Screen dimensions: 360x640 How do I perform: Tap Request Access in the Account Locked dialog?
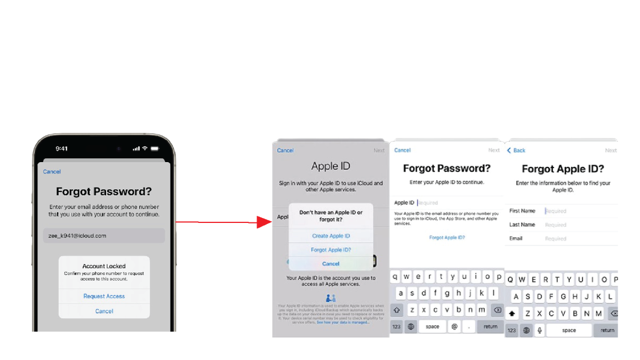104,297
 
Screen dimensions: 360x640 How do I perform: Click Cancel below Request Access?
104,311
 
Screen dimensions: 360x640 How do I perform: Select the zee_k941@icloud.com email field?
104,236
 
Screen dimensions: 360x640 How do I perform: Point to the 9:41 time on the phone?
62,148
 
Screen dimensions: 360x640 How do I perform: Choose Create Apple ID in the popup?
331,236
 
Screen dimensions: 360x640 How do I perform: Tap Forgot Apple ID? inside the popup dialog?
331,250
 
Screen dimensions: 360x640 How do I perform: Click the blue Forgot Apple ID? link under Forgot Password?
447,238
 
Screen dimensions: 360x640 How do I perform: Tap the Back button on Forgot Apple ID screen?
516,151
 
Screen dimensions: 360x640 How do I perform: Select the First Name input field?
576,211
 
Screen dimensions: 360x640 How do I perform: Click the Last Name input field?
576,225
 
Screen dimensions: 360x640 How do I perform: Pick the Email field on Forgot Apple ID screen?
576,239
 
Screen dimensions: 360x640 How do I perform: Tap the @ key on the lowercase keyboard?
454,326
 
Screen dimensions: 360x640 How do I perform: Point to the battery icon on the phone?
155,148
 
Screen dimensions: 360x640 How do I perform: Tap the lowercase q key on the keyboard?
396,277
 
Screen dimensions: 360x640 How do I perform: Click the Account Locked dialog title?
104,266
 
